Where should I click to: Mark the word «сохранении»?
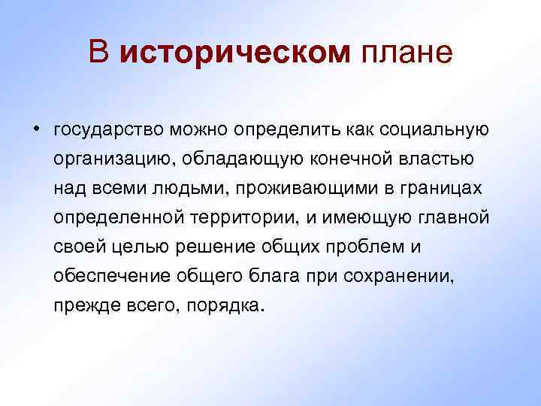(x=399, y=276)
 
